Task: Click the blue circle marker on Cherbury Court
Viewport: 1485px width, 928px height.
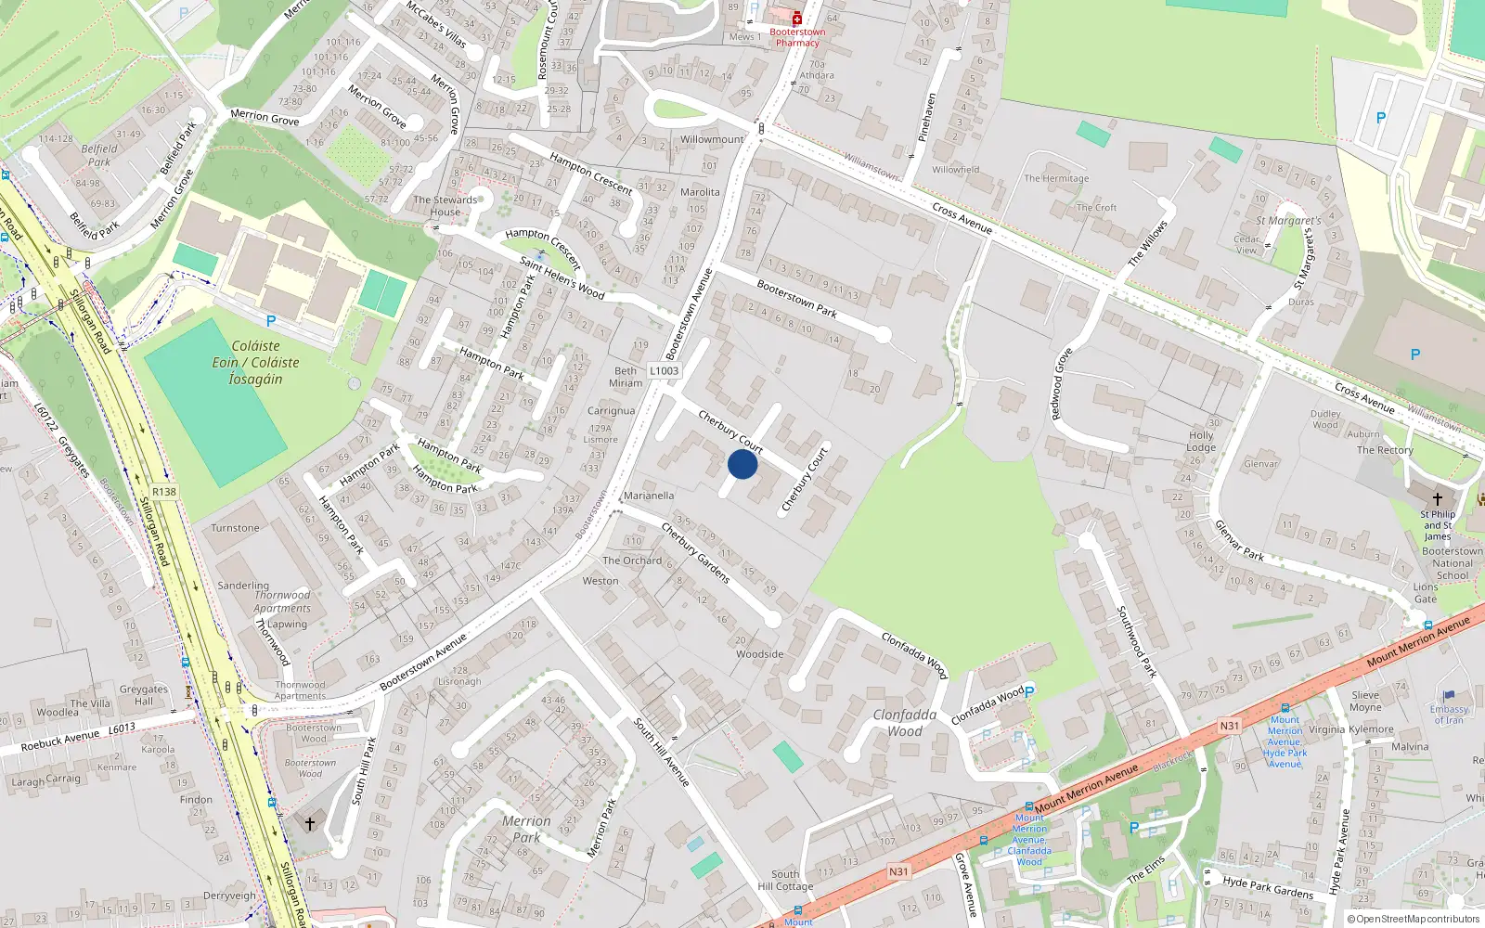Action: pos(742,464)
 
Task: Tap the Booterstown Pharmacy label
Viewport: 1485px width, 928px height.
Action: pos(797,37)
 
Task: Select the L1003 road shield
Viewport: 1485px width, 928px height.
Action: pos(664,371)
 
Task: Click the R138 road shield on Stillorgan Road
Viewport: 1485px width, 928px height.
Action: pos(163,492)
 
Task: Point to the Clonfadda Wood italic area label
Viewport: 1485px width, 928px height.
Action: pos(904,723)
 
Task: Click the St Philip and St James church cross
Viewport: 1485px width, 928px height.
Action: pos(1438,499)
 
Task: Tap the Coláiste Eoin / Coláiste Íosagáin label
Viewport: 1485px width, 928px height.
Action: pos(255,362)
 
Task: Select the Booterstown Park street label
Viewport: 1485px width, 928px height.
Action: pos(796,299)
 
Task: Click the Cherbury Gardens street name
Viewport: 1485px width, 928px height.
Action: pos(695,553)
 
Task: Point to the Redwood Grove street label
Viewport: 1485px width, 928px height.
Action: pos(1061,384)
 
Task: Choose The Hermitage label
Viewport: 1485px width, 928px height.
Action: pos(1056,178)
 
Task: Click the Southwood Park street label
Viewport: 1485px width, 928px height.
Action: pos(1136,641)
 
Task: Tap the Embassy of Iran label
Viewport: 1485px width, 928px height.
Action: pos(1448,715)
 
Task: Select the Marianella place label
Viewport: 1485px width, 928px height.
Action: pos(649,496)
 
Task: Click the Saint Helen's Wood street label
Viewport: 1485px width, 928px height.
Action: pos(562,277)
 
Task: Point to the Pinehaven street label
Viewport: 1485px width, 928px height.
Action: pos(927,117)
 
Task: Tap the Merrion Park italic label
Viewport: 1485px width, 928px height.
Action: pos(526,829)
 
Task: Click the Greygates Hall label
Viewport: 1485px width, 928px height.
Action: pos(143,695)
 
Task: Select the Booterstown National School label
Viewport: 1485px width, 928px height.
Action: pos(1452,563)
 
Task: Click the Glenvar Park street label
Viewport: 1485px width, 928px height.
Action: pos(1239,540)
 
